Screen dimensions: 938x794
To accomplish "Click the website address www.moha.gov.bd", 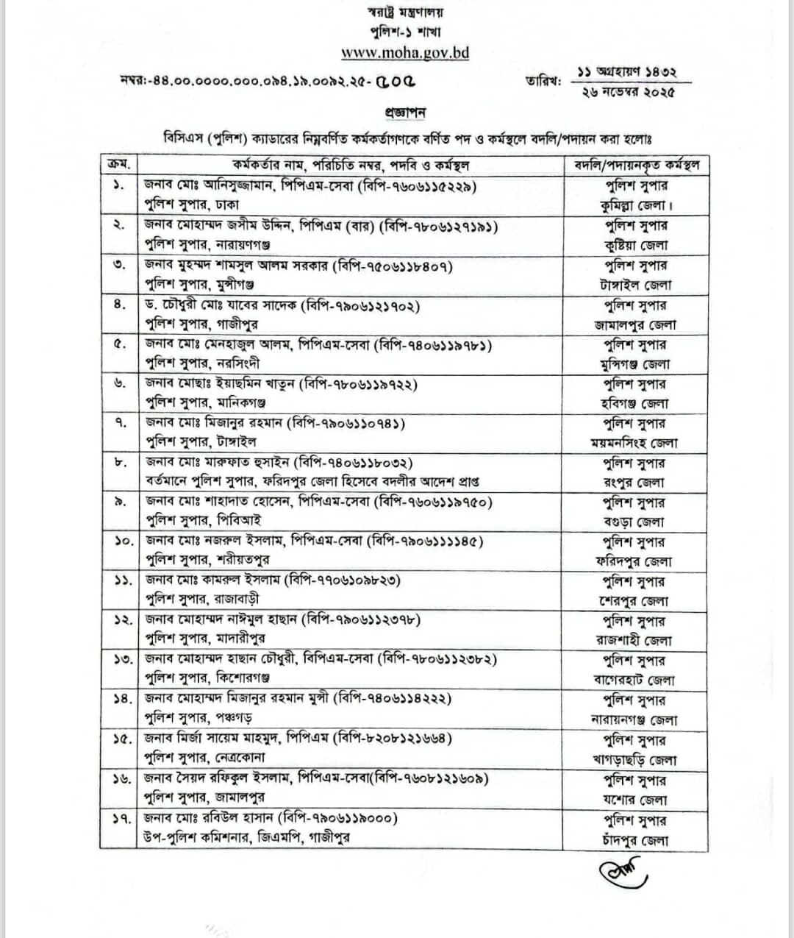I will coord(405,53).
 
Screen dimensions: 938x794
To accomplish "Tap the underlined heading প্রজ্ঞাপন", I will coord(405,113).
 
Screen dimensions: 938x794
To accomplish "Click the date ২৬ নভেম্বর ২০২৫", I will coord(626,92).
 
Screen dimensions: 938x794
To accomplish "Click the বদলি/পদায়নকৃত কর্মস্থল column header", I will coord(636,164).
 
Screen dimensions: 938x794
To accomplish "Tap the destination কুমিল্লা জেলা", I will coord(635,205).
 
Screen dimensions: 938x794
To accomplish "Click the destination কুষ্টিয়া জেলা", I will coord(635,245).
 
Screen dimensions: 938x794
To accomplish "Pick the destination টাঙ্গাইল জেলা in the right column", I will coord(635,285).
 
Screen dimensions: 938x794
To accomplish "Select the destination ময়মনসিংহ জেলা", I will coord(635,443).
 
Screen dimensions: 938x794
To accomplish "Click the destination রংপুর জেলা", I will coord(635,483).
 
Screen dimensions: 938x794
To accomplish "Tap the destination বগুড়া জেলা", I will coord(635,522).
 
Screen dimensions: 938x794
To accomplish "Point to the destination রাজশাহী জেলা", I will coord(635,641).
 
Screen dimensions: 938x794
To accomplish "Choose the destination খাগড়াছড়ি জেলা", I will coord(635,760).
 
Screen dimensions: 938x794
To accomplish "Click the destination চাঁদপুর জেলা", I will coord(635,839).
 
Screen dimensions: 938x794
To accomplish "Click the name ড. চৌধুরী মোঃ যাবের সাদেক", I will coord(221,305).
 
